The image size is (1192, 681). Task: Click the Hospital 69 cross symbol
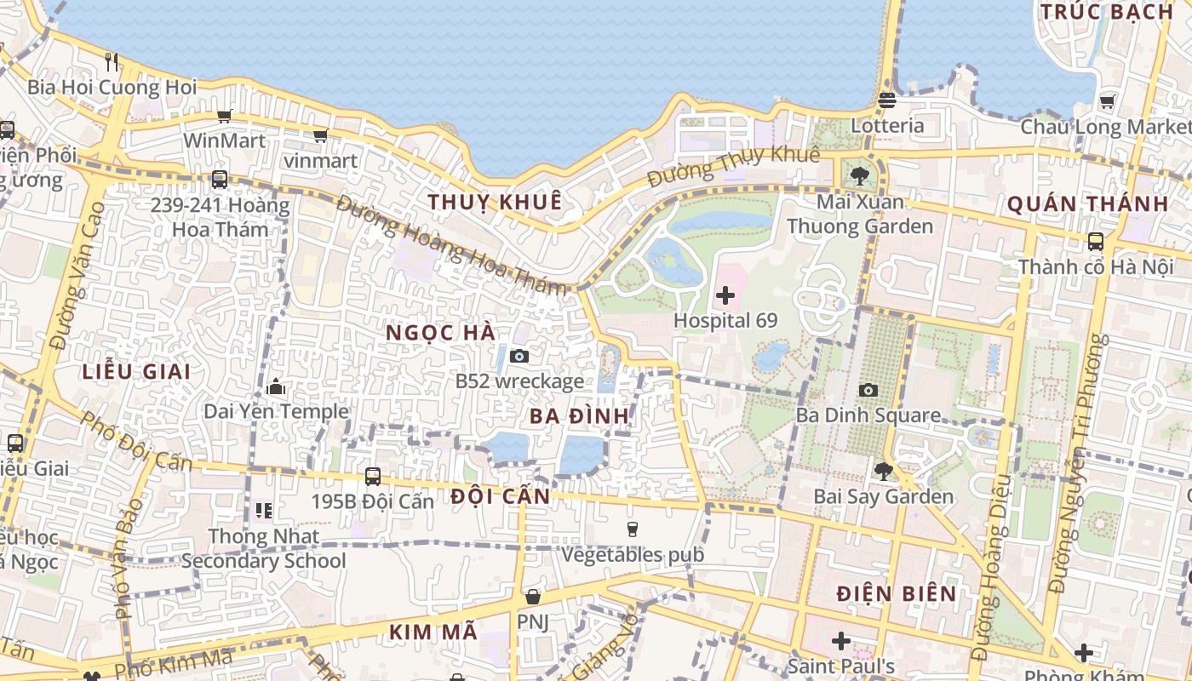click(725, 295)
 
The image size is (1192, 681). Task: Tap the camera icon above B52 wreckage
click(519, 356)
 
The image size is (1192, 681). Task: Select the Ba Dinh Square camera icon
click(868, 390)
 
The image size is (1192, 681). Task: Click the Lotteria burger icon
click(886, 100)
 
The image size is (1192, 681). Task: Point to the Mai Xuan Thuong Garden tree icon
click(859, 176)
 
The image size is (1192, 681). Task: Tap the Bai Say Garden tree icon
click(883, 470)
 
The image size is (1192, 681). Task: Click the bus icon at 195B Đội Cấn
click(372, 476)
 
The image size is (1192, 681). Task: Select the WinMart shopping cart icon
click(224, 116)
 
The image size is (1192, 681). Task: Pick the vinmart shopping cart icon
click(320, 135)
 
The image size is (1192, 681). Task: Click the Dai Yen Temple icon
click(275, 387)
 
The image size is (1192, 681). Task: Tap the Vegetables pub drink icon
click(632, 529)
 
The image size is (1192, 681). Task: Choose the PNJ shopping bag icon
click(532, 597)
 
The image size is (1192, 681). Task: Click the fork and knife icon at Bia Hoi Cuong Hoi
click(112, 61)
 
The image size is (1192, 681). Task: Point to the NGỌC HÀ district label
click(441, 333)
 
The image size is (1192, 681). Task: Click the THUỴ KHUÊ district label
click(495, 202)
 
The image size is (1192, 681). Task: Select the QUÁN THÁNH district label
click(1088, 204)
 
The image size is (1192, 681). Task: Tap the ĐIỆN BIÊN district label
click(897, 593)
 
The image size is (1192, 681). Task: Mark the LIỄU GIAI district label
click(136, 372)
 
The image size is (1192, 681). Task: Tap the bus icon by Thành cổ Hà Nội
click(1096, 241)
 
